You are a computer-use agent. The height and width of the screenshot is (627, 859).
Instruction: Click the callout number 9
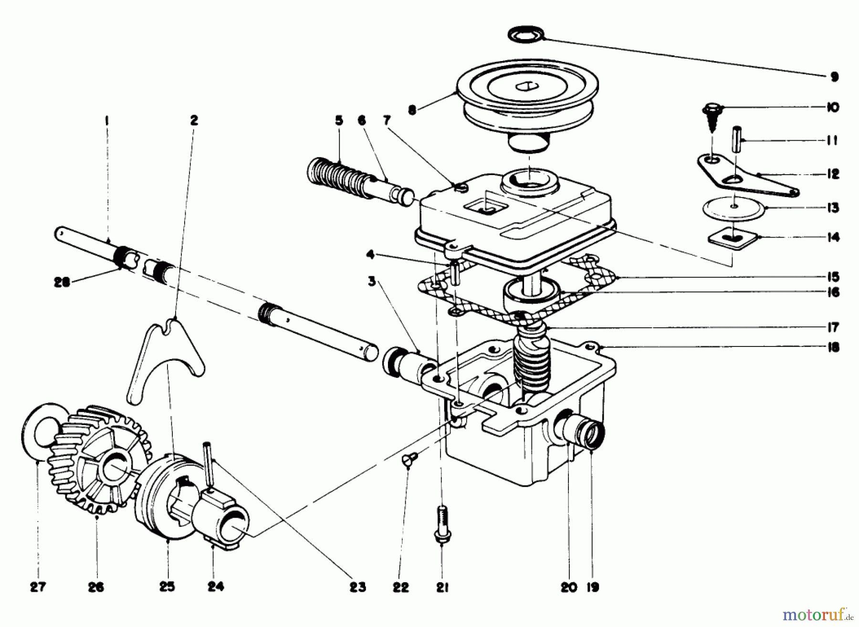[834, 76]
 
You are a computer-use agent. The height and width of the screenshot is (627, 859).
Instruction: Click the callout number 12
[833, 174]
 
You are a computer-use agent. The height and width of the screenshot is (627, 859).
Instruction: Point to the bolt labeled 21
[442, 525]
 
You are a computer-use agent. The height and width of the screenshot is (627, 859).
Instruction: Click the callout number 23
[357, 587]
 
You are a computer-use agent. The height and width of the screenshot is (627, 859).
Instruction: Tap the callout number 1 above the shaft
[106, 121]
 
